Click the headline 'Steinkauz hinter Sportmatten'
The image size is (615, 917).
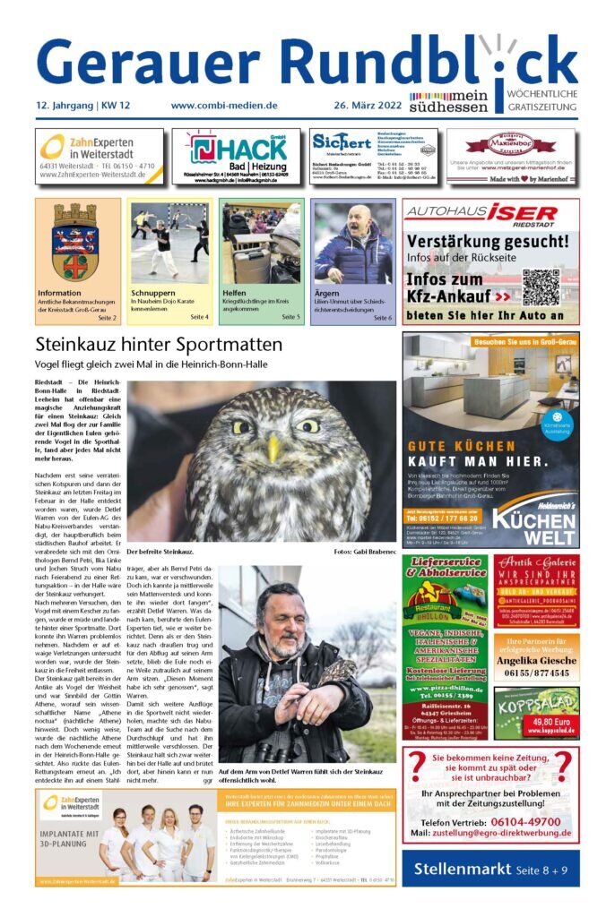coord(159,344)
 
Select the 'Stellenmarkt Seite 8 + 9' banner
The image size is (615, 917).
coord(489,869)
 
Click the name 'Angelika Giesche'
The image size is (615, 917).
coord(536,658)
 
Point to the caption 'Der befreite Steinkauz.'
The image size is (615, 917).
coord(160,553)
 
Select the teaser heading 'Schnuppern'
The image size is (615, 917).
coord(152,293)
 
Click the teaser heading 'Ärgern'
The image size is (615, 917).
coord(326,293)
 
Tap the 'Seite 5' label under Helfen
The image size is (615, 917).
coord(290,317)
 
